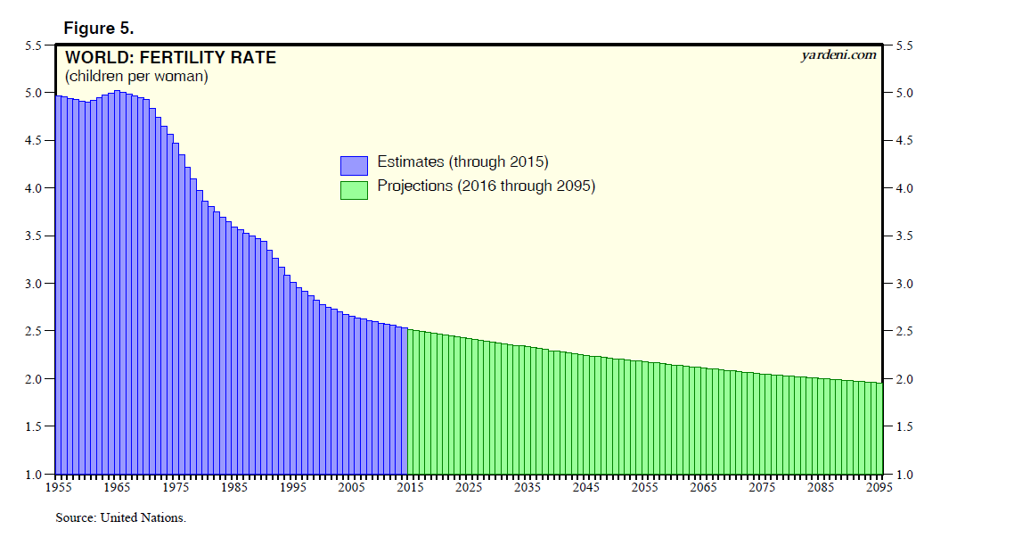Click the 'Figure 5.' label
coord(98,28)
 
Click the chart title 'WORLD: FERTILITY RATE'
coord(170,58)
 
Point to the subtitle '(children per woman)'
coord(136,77)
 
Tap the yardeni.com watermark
coord(838,55)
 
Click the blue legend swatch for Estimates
coord(354,165)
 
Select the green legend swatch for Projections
coord(354,189)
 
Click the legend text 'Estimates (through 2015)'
coord(462,162)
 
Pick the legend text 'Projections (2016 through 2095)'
coord(486,186)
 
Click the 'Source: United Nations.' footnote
coord(120,517)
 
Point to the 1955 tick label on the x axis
coord(58,488)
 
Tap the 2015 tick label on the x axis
coord(409,488)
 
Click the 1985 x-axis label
coord(233,488)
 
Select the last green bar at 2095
coord(879,428)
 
